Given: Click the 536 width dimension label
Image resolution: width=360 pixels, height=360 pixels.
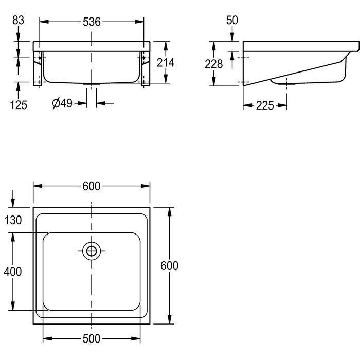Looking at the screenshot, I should pos(92,21).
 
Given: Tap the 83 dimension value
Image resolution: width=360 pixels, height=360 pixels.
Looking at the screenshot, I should pos(18,21).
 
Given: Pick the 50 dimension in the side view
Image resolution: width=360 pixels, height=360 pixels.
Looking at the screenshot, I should pos(231,21).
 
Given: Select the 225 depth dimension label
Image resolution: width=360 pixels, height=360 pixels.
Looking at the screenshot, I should pos(264,106).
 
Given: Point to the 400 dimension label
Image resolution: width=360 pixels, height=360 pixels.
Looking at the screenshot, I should pos(12,272).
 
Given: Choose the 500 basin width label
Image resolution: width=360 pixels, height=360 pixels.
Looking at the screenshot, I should pos(92,338).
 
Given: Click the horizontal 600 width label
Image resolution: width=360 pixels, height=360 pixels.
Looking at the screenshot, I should pos(92,187).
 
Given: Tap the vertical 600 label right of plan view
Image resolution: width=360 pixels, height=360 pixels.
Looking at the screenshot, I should pos(170,266).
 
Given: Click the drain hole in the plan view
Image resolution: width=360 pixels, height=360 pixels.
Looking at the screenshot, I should pos(92,251).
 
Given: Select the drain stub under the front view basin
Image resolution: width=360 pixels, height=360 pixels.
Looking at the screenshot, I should pos(92,84).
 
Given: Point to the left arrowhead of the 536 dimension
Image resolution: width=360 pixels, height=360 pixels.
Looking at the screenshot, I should pos(42,21).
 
